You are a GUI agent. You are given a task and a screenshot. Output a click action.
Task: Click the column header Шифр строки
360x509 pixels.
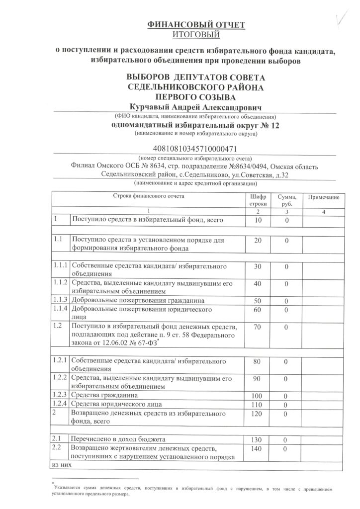click(x=258, y=200)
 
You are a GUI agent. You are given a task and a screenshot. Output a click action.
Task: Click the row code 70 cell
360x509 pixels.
click(x=258, y=328)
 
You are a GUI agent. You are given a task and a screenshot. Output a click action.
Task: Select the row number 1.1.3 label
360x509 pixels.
click(x=61, y=301)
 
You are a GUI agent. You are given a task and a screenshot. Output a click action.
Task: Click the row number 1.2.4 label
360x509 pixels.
click(x=61, y=404)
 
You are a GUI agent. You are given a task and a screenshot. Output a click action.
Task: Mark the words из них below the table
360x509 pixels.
click(x=60, y=465)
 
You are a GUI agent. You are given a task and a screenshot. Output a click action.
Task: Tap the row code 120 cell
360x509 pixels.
click(x=258, y=414)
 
